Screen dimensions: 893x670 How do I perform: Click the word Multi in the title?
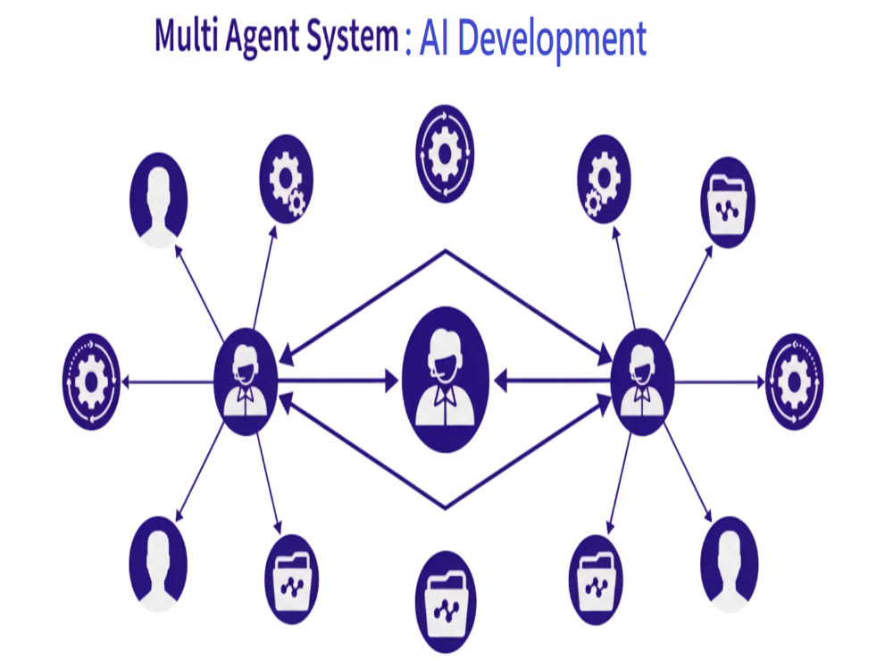click(x=186, y=36)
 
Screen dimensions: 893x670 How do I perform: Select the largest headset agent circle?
click(x=446, y=380)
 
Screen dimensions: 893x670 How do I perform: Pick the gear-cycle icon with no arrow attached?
click(x=445, y=154)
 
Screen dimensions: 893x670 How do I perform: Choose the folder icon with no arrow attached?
click(x=446, y=601)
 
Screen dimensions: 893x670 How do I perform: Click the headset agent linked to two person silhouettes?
click(x=246, y=381)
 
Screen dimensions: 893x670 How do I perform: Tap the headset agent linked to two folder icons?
click(x=642, y=381)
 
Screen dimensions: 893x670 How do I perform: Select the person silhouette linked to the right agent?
click(x=729, y=564)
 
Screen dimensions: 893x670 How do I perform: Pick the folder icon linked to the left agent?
click(x=292, y=580)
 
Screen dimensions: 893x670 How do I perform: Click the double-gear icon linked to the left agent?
click(x=286, y=179)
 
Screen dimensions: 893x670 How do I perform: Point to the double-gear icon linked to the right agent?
click(x=604, y=179)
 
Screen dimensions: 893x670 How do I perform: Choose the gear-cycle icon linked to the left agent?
click(x=91, y=381)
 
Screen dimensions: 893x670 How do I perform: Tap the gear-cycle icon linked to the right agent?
click(x=794, y=381)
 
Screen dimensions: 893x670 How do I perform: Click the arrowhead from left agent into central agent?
click(x=392, y=381)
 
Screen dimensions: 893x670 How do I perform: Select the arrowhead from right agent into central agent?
click(x=501, y=381)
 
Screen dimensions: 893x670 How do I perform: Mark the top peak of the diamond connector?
click(x=446, y=250)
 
